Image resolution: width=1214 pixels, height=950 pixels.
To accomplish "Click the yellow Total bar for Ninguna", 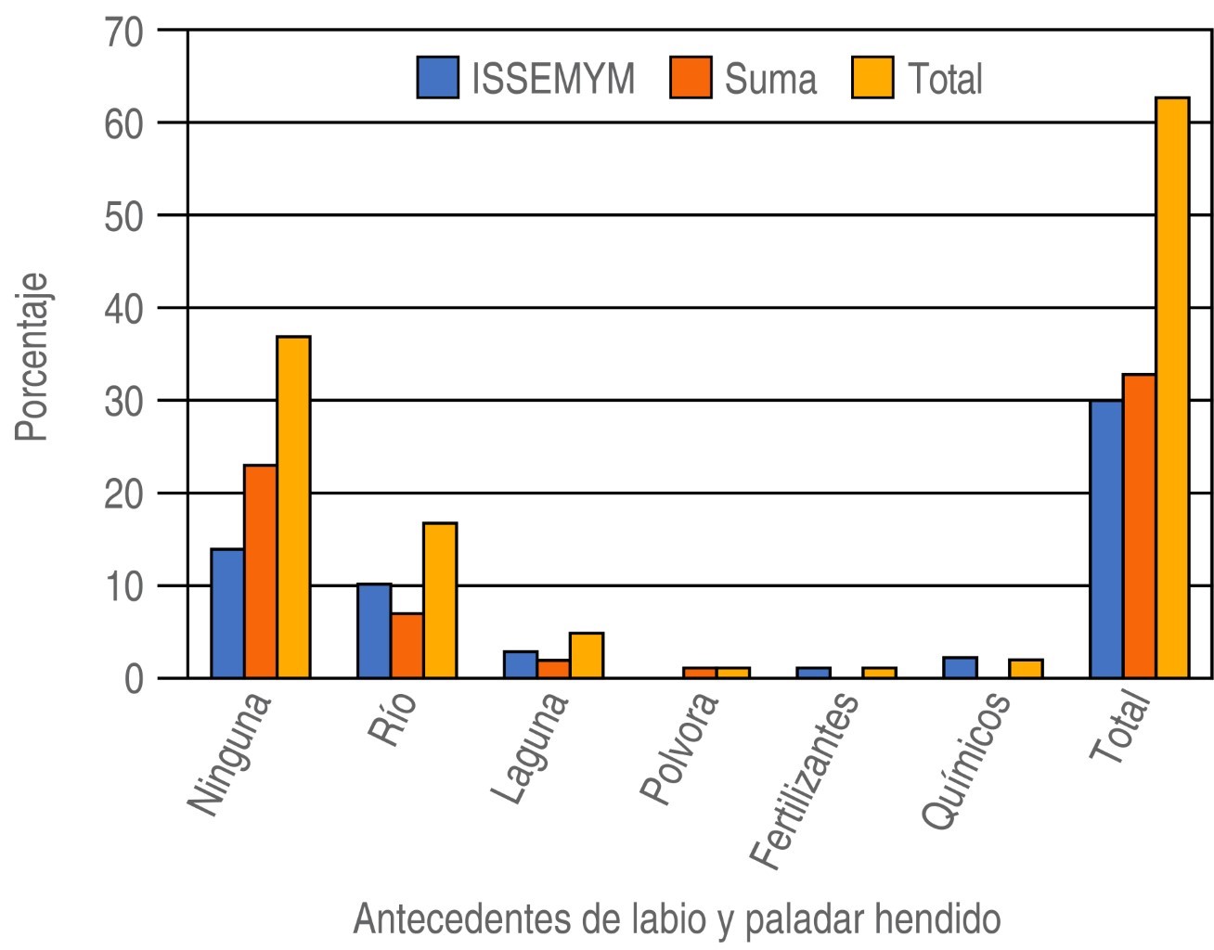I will [x=293, y=507].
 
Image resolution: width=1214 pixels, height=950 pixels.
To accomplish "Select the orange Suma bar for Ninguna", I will [x=261, y=571].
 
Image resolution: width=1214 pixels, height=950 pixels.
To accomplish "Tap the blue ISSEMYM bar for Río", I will [x=374, y=631].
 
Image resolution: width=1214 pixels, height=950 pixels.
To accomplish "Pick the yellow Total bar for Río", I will [x=440, y=600].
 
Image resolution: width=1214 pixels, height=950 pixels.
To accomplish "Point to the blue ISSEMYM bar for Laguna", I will [x=521, y=664].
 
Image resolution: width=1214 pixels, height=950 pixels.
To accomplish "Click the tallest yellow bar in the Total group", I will [x=1172, y=387].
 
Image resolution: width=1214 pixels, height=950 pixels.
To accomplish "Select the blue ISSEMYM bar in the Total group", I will [x=1106, y=539].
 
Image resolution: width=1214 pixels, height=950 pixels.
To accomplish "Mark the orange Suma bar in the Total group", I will [x=1140, y=526].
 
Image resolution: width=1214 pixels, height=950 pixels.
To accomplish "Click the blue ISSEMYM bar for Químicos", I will [x=960, y=667].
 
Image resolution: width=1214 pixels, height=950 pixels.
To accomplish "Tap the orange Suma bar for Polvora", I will [x=700, y=673].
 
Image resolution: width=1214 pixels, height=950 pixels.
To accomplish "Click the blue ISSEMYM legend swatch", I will [x=438, y=78].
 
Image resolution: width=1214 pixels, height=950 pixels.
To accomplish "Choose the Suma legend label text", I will [x=770, y=79].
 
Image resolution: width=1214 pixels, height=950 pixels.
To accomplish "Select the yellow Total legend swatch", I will [x=872, y=78].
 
